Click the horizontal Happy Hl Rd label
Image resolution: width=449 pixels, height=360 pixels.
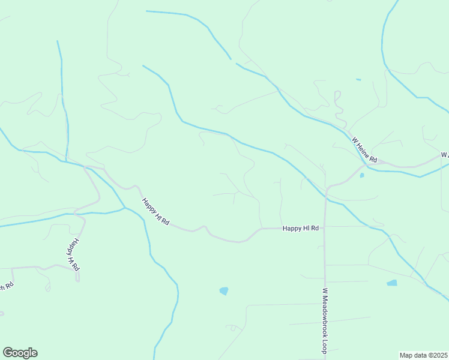pos(300,228)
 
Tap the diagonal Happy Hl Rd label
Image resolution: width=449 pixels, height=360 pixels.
pos(155,212)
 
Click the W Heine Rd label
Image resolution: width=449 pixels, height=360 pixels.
pos(364,150)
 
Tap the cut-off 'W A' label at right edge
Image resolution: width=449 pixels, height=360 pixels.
pos(444,155)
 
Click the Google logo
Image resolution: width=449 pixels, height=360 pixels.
pos(20,352)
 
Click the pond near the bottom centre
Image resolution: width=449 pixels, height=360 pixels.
pos(224,291)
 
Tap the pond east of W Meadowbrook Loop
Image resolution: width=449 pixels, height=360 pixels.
pos(392,283)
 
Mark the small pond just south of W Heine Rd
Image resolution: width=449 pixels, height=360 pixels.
pos(362,176)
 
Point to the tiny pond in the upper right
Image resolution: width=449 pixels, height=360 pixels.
pos(358,79)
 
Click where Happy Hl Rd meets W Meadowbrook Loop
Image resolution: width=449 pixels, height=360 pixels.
pos(324,227)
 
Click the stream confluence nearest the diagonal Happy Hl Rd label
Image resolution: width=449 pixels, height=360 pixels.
pos(125,208)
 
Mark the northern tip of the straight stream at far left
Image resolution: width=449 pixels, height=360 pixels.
pos(58,41)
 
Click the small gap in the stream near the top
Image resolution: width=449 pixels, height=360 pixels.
pos(233,61)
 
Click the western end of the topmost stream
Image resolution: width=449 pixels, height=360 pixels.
pos(147,11)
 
